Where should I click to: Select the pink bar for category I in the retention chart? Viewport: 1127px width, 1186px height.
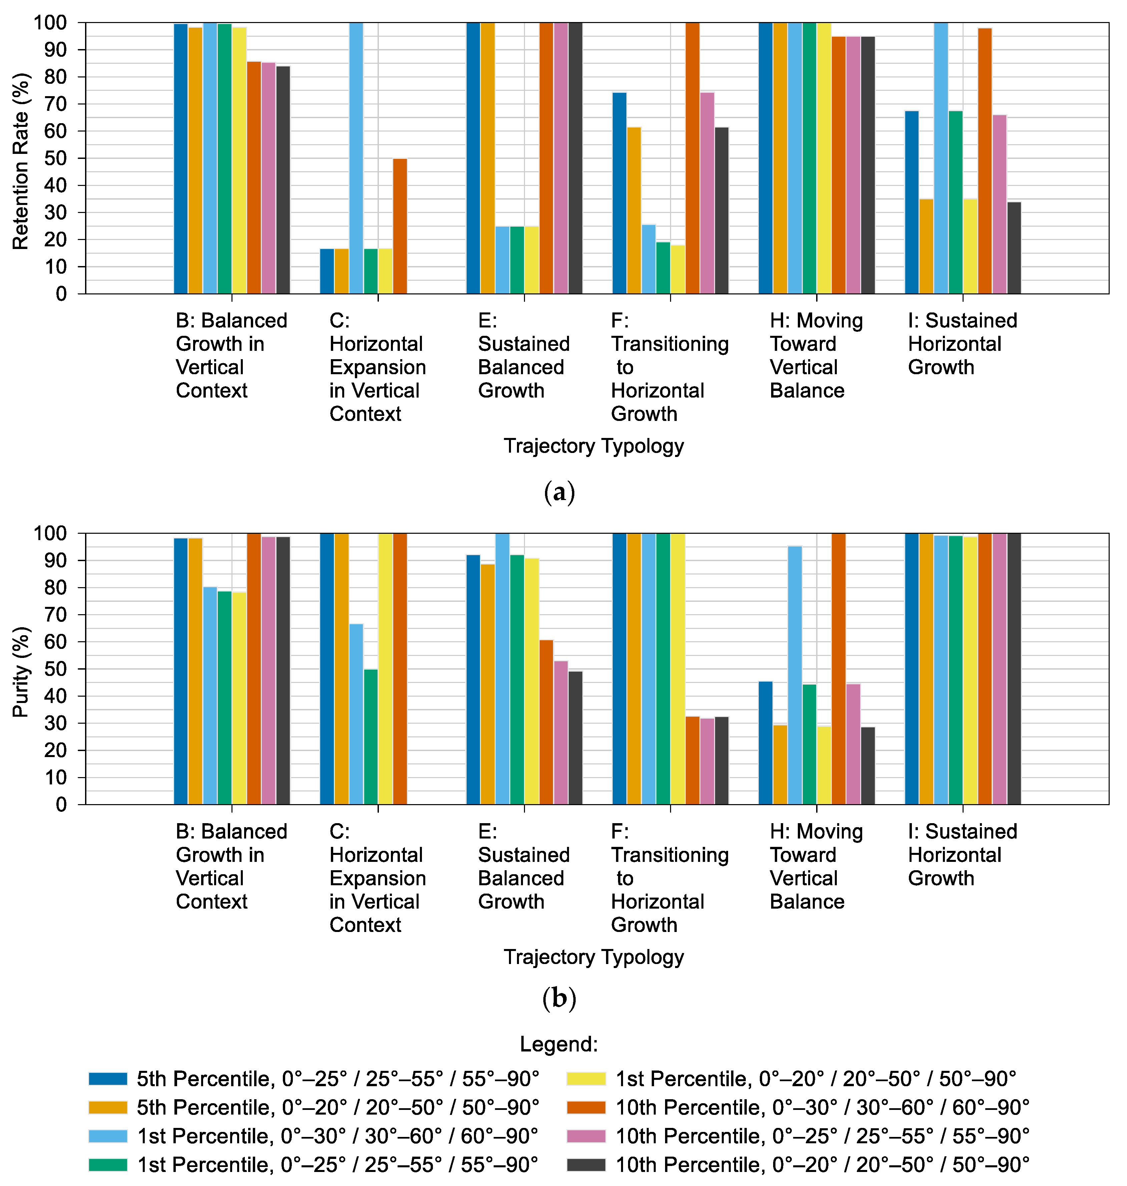click(x=1000, y=204)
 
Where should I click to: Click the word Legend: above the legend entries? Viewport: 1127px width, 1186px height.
click(x=559, y=1044)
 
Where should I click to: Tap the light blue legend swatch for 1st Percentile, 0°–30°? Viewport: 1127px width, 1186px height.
click(x=108, y=1136)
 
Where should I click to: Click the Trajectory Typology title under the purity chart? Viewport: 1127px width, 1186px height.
click(x=594, y=957)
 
